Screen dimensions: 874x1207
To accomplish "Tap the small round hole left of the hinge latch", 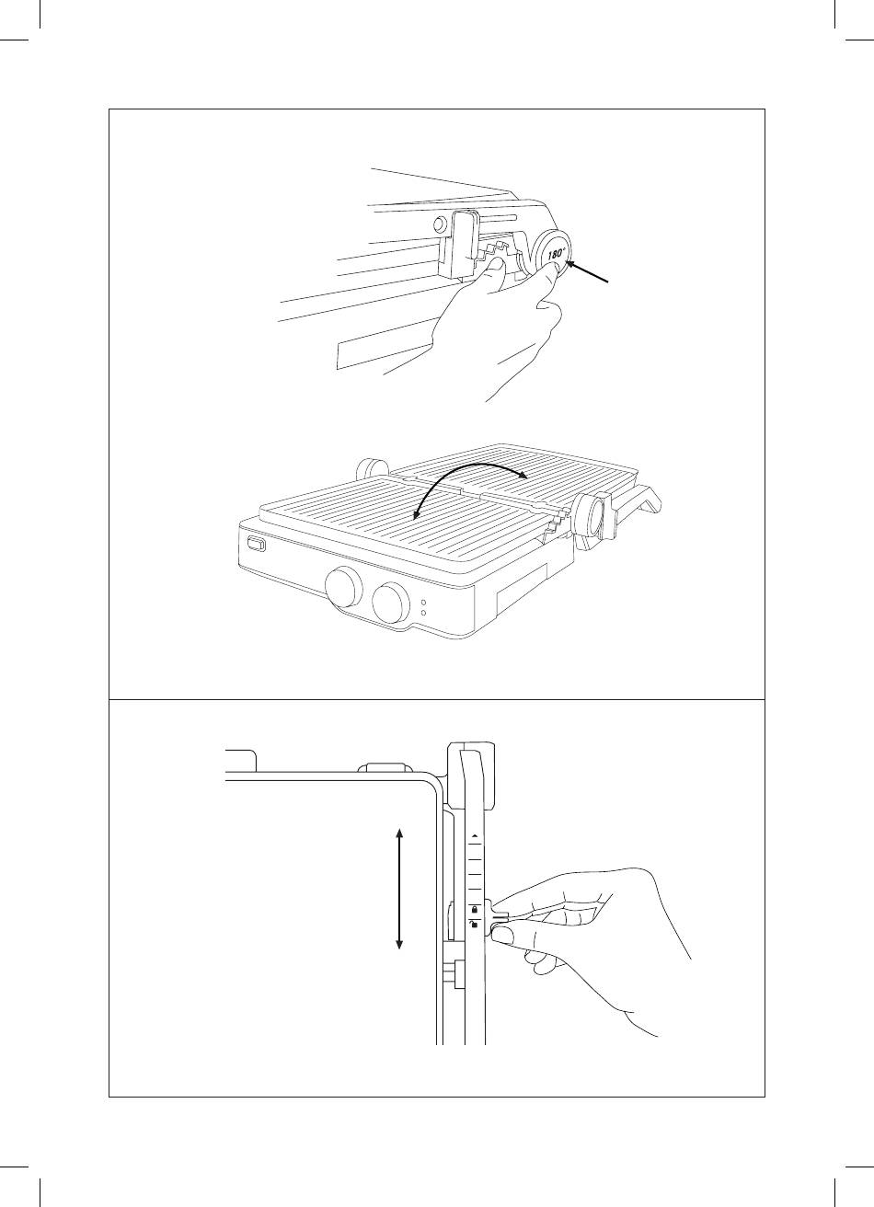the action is (x=440, y=222).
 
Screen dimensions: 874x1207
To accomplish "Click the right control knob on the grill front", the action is (x=392, y=601).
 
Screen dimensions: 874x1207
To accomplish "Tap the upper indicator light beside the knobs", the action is (x=422, y=603).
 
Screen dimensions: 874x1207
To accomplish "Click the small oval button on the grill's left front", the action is (x=257, y=546).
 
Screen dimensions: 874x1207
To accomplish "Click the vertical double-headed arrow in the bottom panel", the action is (x=399, y=889).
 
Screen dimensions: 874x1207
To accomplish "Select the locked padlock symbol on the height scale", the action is (x=475, y=909).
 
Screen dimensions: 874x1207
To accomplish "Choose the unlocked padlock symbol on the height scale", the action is (x=475, y=925).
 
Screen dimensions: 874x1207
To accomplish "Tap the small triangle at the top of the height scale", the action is (x=475, y=836).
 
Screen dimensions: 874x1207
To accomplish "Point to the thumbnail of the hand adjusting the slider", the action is (x=503, y=935).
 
